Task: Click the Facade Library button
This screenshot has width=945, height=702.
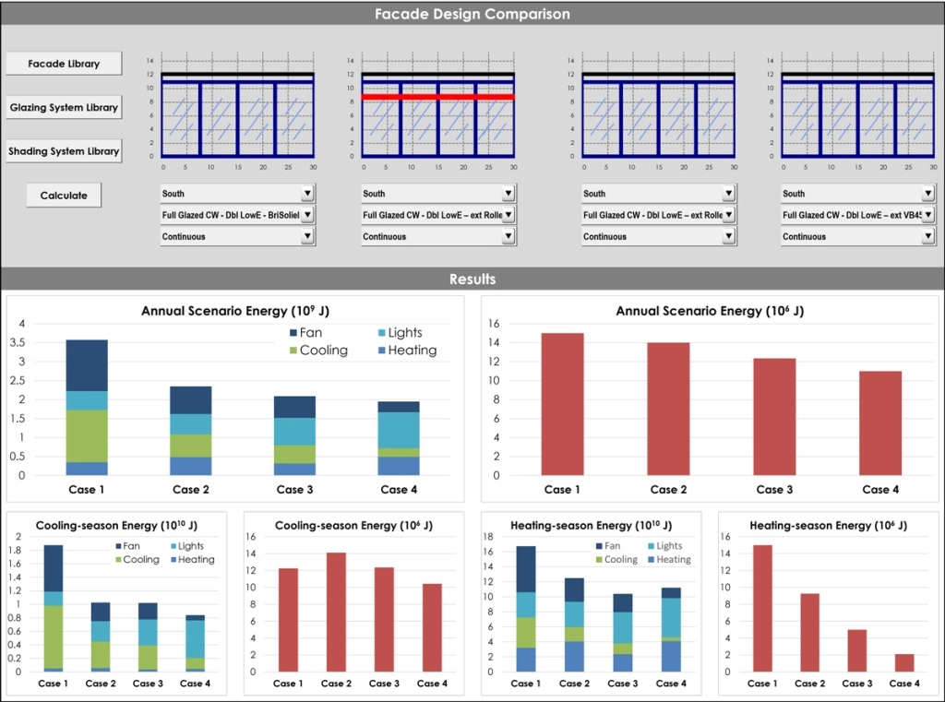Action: [64, 64]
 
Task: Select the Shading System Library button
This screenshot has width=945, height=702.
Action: [64, 151]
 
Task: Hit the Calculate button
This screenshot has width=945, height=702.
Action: [64, 196]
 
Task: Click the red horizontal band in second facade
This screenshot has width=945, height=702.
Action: [437, 96]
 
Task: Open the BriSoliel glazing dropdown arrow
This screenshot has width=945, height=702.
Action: [307, 215]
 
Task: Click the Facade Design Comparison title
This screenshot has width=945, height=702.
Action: [472, 14]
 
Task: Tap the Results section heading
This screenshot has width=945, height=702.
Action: [472, 279]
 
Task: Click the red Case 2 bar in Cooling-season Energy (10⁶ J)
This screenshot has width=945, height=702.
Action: [336, 612]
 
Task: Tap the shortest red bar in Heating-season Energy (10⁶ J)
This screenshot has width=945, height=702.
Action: [903, 662]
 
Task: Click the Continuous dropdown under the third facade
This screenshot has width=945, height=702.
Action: [657, 236]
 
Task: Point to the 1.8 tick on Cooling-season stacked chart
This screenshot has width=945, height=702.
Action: [18, 551]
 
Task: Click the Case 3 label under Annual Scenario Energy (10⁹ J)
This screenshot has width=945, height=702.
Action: [290, 489]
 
